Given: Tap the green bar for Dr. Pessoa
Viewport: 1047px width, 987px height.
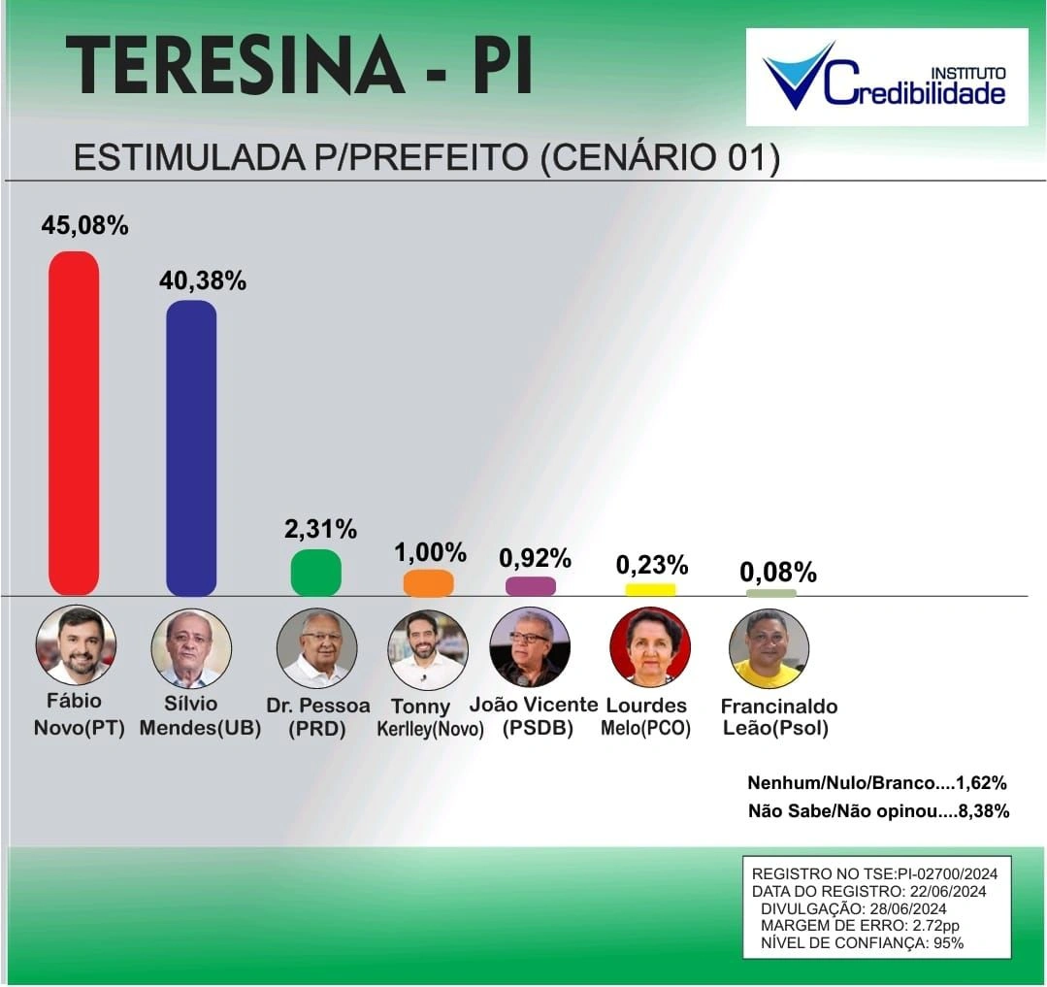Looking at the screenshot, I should pyautogui.click(x=316, y=573).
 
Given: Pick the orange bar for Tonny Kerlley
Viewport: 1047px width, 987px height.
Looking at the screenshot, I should pyautogui.click(x=428, y=583).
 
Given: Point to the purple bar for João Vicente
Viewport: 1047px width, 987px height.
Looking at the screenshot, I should pyautogui.click(x=531, y=586).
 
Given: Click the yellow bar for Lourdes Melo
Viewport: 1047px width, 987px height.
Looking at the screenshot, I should pyautogui.click(x=650, y=589).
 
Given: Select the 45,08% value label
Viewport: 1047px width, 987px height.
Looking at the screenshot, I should pyautogui.click(x=84, y=226).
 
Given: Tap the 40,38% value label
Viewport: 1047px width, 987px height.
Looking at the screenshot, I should pyautogui.click(x=202, y=281).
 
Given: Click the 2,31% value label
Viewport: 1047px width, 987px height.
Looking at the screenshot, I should pyautogui.click(x=320, y=530).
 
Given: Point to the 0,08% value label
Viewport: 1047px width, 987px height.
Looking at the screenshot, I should pyautogui.click(x=778, y=573).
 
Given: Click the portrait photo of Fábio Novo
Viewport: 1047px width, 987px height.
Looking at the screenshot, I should pyautogui.click(x=76, y=646).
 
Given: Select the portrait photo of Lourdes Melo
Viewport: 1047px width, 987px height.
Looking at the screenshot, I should pyautogui.click(x=650, y=647).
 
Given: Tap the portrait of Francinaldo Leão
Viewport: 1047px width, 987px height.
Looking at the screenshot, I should pyautogui.click(x=769, y=648).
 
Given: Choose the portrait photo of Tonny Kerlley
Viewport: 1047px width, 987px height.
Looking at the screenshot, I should pyautogui.click(x=428, y=649).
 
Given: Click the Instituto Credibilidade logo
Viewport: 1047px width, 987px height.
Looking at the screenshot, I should pyautogui.click(x=886, y=78).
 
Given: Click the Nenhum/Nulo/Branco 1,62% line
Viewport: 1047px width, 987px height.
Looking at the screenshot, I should pyautogui.click(x=877, y=782).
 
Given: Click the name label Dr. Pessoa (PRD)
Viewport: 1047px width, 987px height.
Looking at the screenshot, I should pyautogui.click(x=317, y=716).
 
